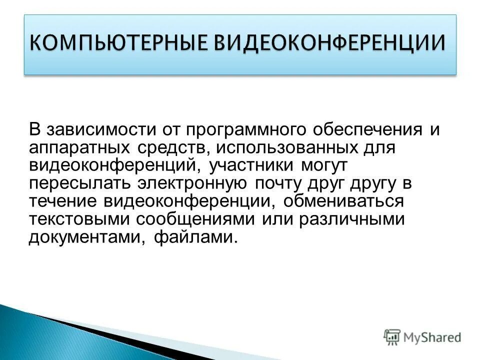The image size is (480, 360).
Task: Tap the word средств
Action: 170,148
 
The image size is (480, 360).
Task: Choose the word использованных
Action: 284,148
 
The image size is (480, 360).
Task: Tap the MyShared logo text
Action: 432,337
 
